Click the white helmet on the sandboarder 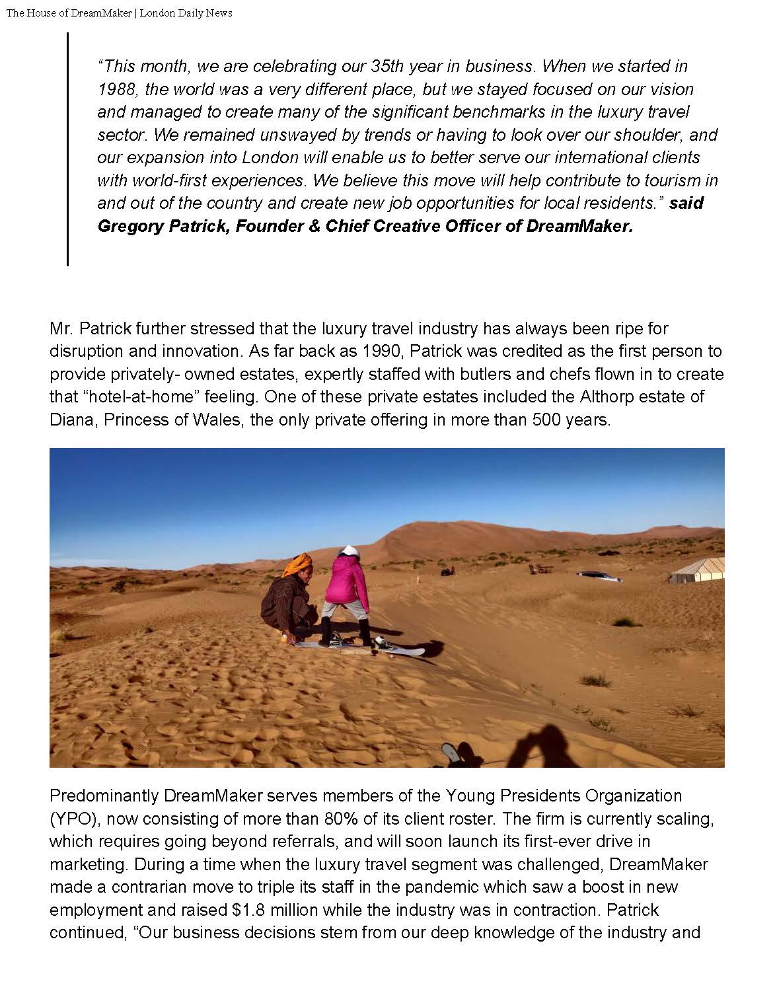coord(347,551)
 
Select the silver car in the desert coord(599,577)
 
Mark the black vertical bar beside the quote coord(67,149)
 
